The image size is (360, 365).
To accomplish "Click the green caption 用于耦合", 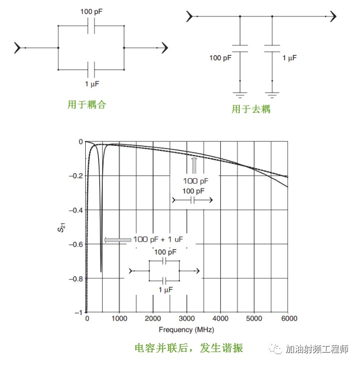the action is pyautogui.click(x=87, y=105).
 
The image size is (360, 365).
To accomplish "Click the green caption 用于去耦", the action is pyautogui.click(x=251, y=109).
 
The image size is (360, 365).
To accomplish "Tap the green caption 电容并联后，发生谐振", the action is pyautogui.click(x=189, y=348).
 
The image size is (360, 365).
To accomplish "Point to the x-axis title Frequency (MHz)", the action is pyautogui.click(x=186, y=330).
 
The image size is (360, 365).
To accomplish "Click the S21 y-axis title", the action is pyautogui.click(x=61, y=227).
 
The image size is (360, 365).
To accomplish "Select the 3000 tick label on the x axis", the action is pyautogui.click(x=186, y=319).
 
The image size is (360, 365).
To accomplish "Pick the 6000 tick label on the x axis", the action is pyautogui.click(x=289, y=319).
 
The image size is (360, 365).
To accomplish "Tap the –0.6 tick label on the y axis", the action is pyautogui.click(x=76, y=244).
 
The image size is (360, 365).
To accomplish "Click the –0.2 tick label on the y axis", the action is pyautogui.click(x=76, y=176).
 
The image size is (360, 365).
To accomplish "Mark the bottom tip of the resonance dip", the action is pyautogui.click(x=101, y=272).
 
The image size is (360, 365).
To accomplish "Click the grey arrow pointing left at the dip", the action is pyautogui.click(x=118, y=240).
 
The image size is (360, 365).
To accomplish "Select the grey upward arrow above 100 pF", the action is pyautogui.click(x=194, y=165).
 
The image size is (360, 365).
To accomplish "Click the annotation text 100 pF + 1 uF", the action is pyautogui.click(x=158, y=240).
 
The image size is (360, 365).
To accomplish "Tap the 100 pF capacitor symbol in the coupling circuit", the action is pyautogui.click(x=91, y=25).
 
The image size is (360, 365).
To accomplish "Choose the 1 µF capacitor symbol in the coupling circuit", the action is pyautogui.click(x=91, y=70).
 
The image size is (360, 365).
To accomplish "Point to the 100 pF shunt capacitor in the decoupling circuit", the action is pyautogui.click(x=240, y=48).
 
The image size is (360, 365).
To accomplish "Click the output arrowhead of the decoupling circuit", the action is pyautogui.click(x=334, y=16).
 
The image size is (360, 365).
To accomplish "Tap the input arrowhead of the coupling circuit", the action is pyautogui.click(x=17, y=48).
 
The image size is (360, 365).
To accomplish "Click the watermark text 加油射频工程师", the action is pyautogui.click(x=317, y=349).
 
